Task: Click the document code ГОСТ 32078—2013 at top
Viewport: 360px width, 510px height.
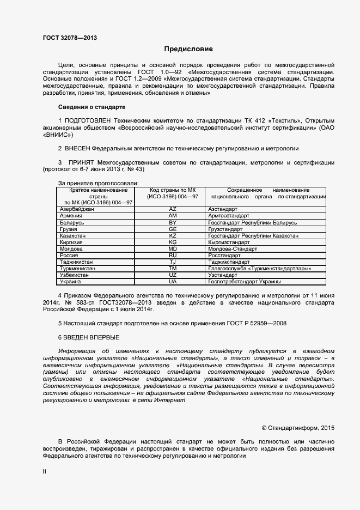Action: (70, 38)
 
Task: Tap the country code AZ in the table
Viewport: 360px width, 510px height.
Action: (173, 209)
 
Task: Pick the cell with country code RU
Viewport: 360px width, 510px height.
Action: (173, 255)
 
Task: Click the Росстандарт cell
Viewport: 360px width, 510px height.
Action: (224, 255)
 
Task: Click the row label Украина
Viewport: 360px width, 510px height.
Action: (71, 282)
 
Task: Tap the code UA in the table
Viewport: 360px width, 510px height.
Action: (173, 282)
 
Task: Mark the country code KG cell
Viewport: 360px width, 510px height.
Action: (173, 242)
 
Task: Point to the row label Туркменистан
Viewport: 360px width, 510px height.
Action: (77, 269)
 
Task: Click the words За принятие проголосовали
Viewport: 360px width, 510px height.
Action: (98, 183)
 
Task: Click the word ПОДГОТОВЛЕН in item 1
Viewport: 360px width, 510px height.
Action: (88, 120)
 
